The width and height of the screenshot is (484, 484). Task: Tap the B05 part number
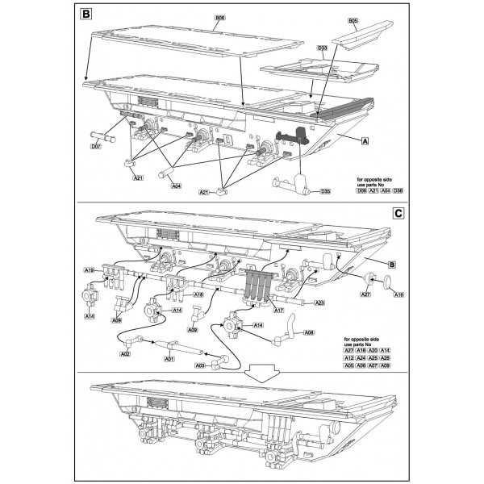click(x=352, y=19)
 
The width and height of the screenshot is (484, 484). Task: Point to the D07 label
click(x=96, y=148)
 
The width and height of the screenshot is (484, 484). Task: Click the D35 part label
click(x=325, y=191)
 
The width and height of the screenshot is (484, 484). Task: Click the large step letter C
click(x=396, y=214)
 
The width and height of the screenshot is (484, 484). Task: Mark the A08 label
click(x=310, y=331)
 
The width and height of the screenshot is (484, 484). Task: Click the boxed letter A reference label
click(x=366, y=140)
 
